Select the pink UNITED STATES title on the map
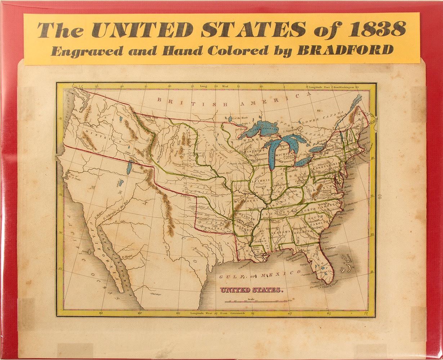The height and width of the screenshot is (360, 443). (x=252, y=289)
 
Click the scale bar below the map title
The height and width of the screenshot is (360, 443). (x=259, y=301)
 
